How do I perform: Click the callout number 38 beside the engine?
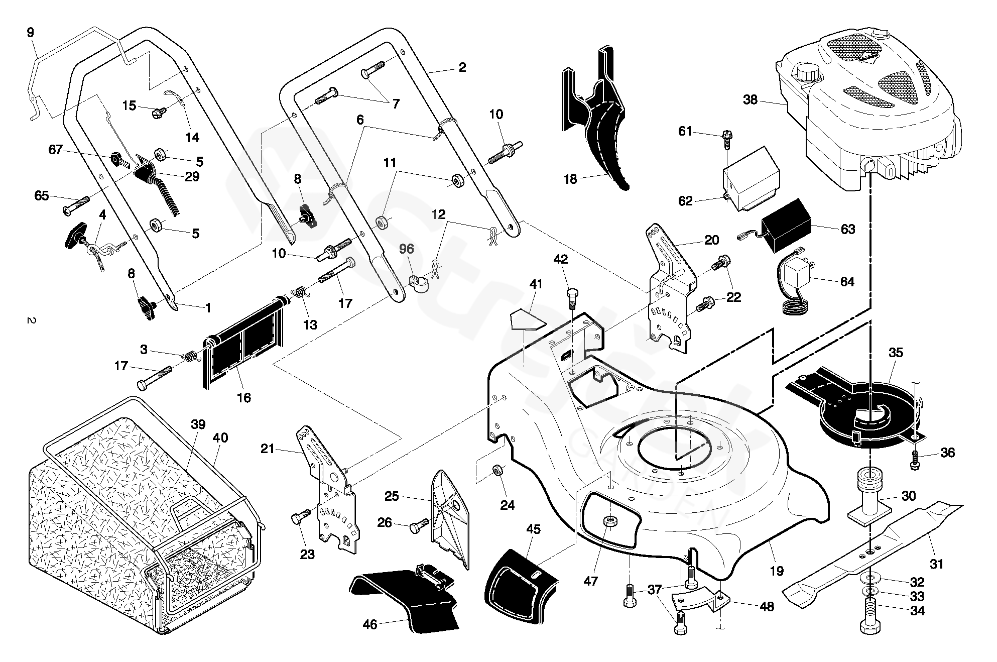click(750, 100)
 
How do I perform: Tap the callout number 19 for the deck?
click(777, 571)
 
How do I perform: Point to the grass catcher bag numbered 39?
click(126, 502)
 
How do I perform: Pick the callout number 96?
click(407, 249)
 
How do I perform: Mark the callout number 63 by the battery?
click(848, 229)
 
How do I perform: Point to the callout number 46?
click(369, 624)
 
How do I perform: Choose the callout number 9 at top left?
click(30, 33)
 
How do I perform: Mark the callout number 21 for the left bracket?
click(268, 449)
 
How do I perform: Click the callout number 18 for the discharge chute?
click(570, 179)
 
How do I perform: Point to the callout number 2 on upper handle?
click(462, 68)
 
